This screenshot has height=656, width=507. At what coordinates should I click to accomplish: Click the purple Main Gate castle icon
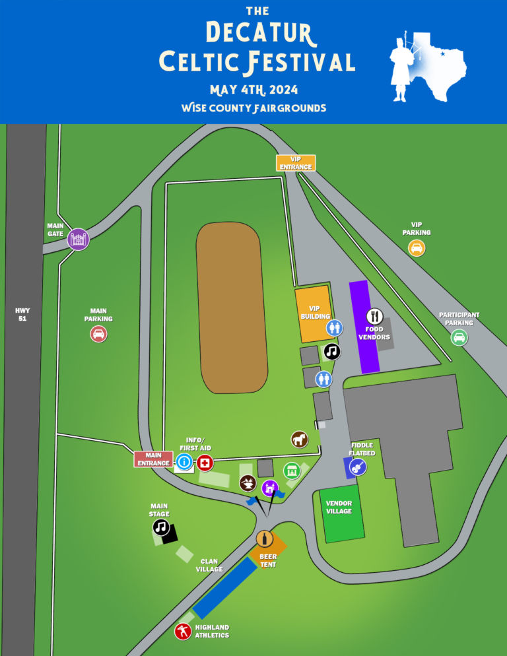(78, 239)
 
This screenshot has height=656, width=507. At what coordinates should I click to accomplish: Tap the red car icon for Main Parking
(98, 334)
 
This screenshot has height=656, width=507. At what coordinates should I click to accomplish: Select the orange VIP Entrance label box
(295, 163)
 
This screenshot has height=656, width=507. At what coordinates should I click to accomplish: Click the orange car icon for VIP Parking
(417, 248)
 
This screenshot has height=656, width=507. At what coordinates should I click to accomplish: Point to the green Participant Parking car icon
(459, 338)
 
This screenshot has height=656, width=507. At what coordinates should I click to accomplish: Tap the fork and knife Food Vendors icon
(374, 316)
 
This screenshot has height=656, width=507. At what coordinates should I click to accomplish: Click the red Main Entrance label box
(153, 459)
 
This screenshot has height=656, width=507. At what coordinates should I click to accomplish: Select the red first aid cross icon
(205, 463)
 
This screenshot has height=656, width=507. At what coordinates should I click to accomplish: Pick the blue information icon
(184, 463)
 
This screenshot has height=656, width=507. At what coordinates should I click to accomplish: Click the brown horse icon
(300, 439)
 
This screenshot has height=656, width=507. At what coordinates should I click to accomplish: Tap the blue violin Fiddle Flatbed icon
(357, 468)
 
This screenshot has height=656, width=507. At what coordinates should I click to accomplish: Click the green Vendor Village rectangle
(341, 513)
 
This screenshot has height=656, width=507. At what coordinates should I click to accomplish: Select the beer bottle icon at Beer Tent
(265, 539)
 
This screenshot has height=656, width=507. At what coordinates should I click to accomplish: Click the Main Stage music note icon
(161, 527)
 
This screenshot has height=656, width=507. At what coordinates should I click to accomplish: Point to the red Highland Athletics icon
(183, 632)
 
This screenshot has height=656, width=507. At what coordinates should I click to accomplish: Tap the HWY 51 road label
(22, 314)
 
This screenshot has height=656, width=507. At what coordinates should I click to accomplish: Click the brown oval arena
(232, 307)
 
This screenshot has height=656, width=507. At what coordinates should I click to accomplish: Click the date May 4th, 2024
(253, 90)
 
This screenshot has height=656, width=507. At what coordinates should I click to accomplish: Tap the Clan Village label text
(209, 565)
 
